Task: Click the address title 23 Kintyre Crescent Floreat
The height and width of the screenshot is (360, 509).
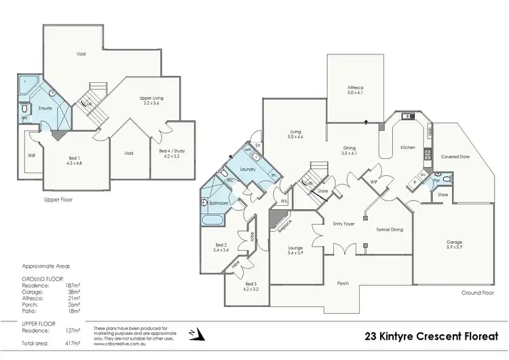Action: pyautogui.click(x=430, y=336)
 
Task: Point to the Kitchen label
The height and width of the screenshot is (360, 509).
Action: pyautogui.click(x=407, y=147)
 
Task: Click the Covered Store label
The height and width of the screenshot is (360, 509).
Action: pyautogui.click(x=455, y=156)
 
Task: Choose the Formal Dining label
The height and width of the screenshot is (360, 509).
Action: pyautogui.click(x=390, y=230)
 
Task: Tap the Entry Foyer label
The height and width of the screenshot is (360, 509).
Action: pyautogui.click(x=344, y=223)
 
